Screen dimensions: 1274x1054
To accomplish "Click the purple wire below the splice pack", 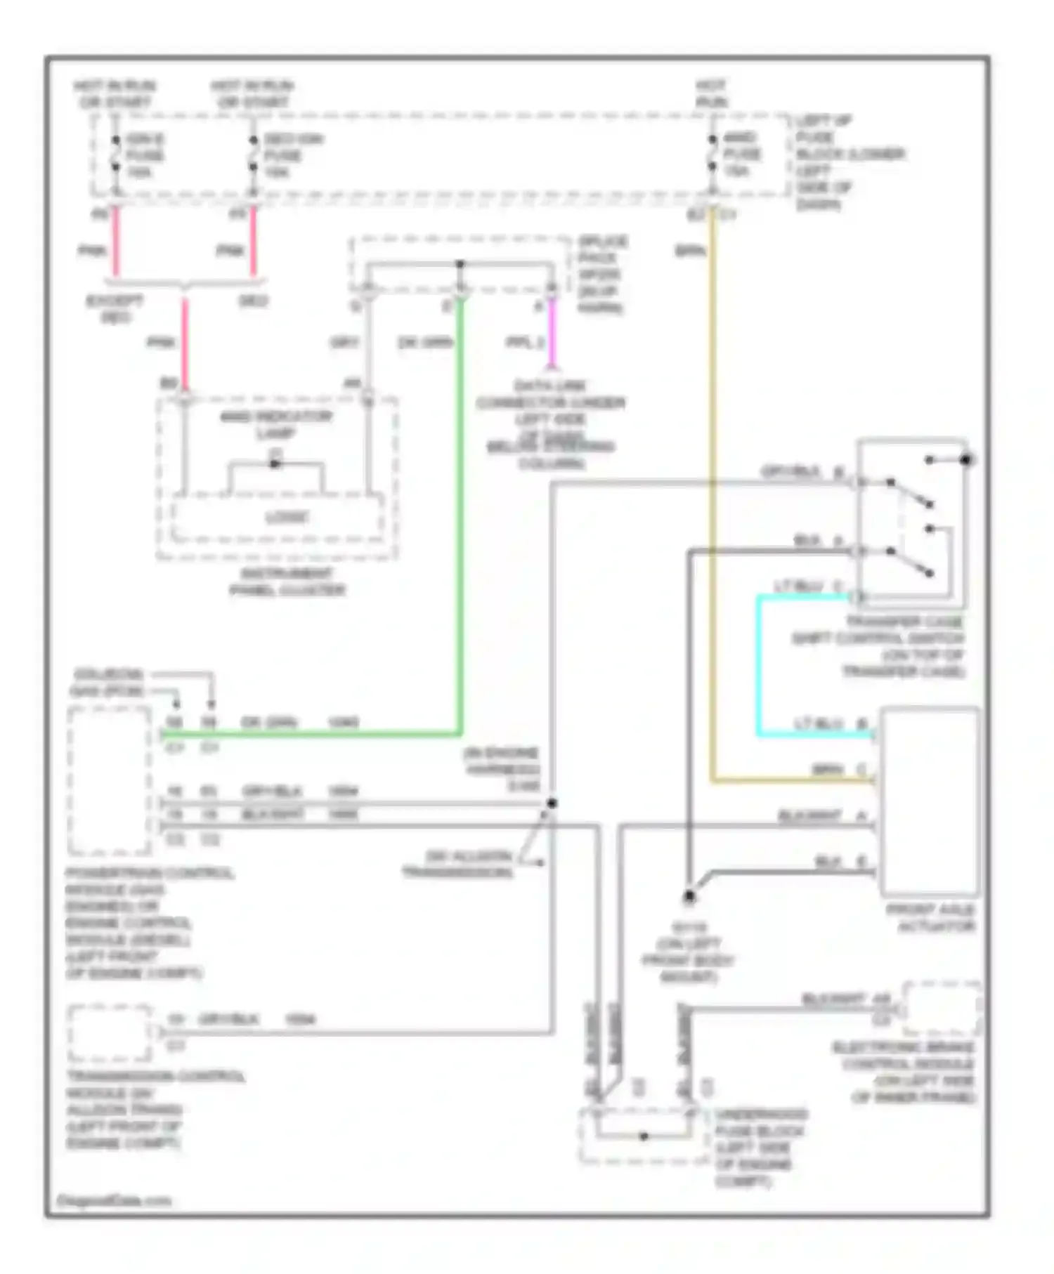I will (552, 333).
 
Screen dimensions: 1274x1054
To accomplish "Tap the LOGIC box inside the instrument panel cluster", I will (286, 518).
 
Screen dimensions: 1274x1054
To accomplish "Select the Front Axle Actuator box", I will (929, 801).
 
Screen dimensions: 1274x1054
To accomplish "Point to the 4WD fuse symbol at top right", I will (712, 154).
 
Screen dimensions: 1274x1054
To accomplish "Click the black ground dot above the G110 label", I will (689, 896).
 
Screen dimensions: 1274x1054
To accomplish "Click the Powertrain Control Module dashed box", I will (110, 780).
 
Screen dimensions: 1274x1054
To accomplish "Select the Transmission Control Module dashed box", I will (110, 1033).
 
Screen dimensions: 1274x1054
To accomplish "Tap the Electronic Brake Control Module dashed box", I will (943, 1009).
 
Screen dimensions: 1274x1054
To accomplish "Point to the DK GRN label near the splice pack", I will (424, 343).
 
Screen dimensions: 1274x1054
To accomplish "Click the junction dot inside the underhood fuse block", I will (644, 1136).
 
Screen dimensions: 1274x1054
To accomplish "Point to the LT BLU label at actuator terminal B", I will (818, 723).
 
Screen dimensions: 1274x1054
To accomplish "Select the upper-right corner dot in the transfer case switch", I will (966, 459).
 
